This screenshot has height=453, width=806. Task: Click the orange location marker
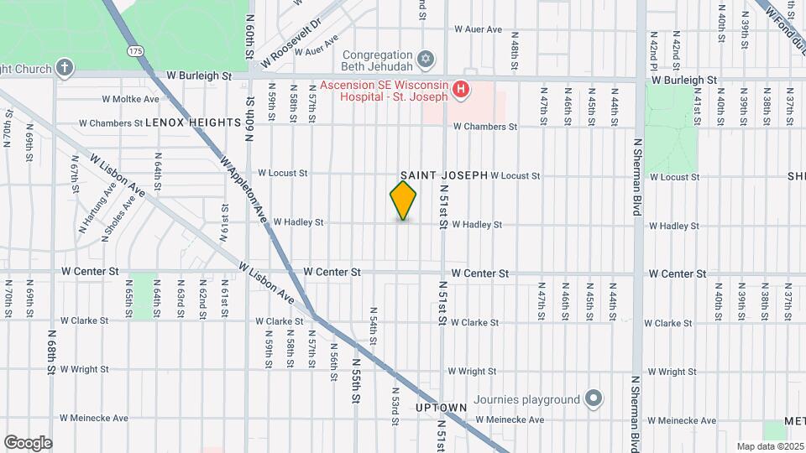click(x=403, y=200)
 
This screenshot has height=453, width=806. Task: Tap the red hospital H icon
click(x=460, y=88)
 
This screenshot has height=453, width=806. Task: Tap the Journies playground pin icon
click(x=594, y=398)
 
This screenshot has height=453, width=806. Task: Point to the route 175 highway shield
click(x=137, y=51)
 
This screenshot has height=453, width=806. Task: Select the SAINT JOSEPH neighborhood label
click(x=444, y=175)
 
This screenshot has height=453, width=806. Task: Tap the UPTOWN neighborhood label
click(x=441, y=408)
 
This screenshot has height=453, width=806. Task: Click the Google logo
click(x=28, y=443)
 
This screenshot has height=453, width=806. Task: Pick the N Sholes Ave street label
click(x=118, y=219)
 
